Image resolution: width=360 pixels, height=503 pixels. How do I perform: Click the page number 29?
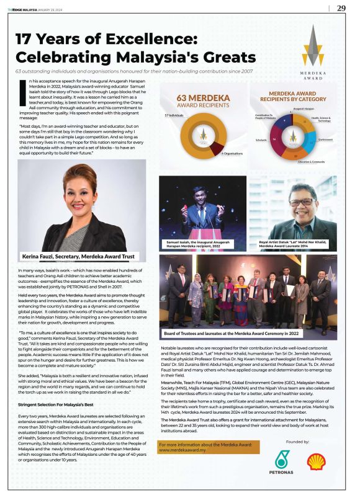pyautogui.click(x=341, y=8)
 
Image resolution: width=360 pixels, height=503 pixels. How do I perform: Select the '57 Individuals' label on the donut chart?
pyautogui.click(x=176, y=115)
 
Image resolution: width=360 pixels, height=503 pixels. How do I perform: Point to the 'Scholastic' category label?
pyautogui.click(x=260, y=140)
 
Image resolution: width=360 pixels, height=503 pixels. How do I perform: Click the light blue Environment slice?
pyautogui.click(x=311, y=137)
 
